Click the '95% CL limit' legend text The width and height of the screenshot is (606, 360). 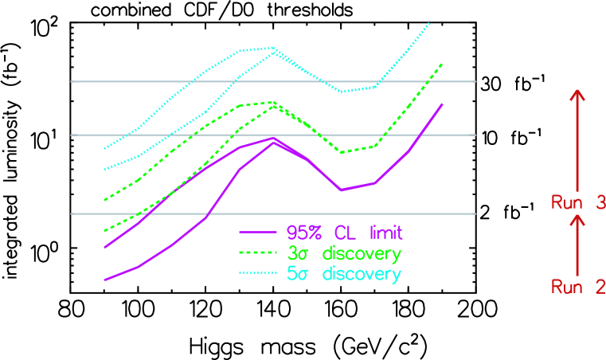tap(345, 233)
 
